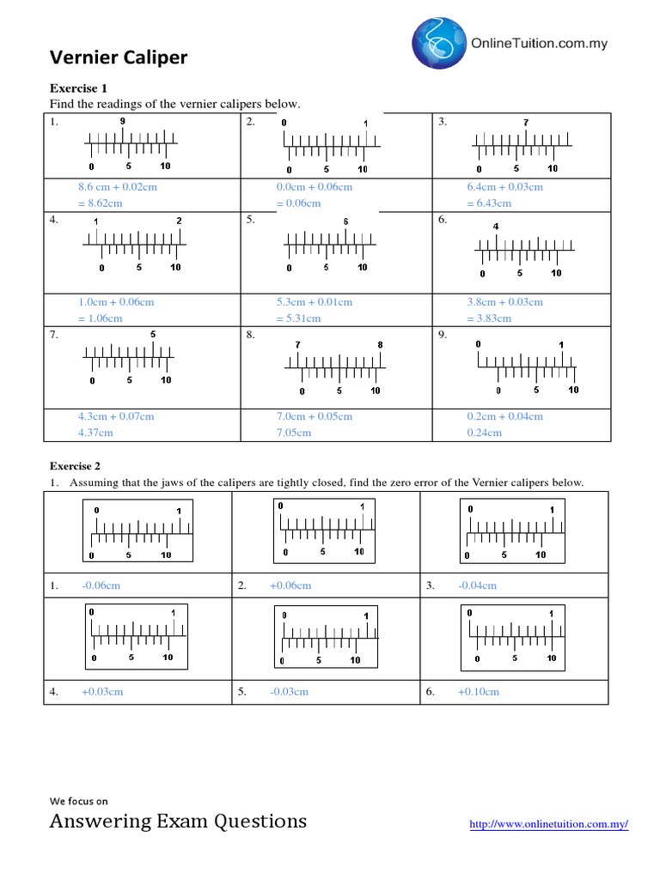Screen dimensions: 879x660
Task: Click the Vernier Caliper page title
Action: tap(119, 58)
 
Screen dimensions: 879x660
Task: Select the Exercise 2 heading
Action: tap(76, 466)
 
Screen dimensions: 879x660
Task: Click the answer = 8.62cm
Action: tap(100, 203)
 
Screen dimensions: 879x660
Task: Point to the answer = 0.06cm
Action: tap(298, 203)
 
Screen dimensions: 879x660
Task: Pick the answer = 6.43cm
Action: tap(489, 203)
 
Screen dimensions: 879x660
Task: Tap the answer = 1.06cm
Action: tap(100, 318)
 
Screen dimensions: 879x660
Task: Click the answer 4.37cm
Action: tap(95, 433)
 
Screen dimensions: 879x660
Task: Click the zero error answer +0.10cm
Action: tap(479, 692)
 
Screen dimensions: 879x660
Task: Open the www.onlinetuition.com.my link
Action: tap(549, 825)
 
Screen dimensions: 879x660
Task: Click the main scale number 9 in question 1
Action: tap(123, 122)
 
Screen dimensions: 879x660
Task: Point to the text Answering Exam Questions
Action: tap(178, 821)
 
